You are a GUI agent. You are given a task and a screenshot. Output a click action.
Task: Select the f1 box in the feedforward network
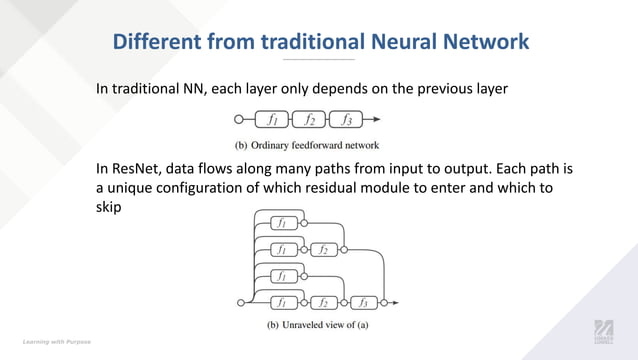(272, 120)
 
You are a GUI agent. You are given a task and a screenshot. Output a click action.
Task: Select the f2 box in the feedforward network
(309, 120)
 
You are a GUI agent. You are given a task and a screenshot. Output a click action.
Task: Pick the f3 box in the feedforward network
(346, 120)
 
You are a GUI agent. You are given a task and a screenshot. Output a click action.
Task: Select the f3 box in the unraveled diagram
(363, 302)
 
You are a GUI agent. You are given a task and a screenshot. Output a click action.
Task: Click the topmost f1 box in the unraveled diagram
(283, 222)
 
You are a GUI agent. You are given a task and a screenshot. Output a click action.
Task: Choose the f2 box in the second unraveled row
(323, 249)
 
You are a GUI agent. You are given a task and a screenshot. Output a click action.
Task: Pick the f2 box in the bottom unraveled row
(323, 302)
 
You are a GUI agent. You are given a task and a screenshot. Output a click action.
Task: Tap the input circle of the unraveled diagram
(240, 302)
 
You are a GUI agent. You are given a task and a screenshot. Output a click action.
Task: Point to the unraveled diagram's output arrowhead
(396, 302)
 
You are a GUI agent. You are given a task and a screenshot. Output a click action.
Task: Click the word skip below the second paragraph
(109, 208)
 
